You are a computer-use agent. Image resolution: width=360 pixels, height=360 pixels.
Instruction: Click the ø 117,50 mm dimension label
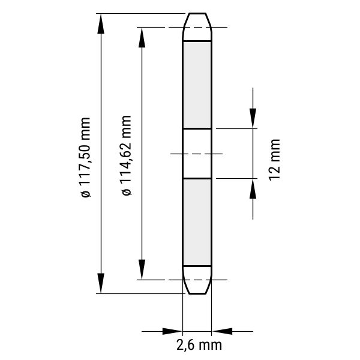click(86, 157)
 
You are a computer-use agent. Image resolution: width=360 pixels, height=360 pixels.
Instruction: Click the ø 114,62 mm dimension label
click(127, 155)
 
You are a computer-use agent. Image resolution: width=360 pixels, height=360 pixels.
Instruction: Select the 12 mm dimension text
click(275, 160)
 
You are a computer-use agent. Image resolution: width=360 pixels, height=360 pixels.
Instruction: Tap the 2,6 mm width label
click(199, 345)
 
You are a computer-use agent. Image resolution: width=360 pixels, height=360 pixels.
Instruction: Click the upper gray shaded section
click(197, 85)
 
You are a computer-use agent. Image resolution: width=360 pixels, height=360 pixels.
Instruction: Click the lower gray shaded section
click(197, 223)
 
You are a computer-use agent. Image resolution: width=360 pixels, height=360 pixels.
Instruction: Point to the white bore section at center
click(197, 154)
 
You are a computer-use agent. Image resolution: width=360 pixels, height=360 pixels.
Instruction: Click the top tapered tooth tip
click(197, 27)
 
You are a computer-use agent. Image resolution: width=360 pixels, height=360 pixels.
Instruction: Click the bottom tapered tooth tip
click(197, 280)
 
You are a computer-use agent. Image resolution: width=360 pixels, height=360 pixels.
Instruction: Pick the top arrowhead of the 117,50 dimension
click(101, 23)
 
